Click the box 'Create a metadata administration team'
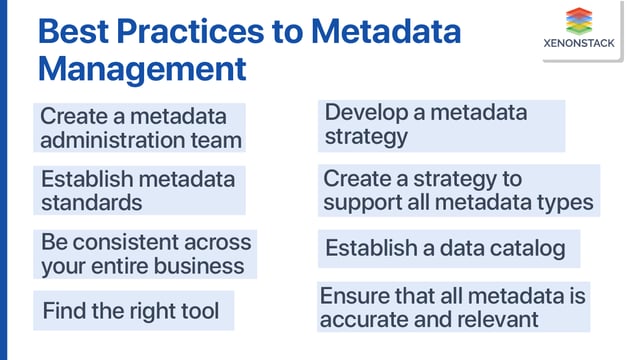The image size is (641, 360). click(141, 128)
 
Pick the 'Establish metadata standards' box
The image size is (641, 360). click(141, 190)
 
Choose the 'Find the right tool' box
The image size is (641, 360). click(133, 311)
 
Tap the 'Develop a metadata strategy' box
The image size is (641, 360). click(441, 125)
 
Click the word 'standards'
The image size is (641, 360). click(91, 202)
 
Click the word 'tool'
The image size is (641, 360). click(200, 311)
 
